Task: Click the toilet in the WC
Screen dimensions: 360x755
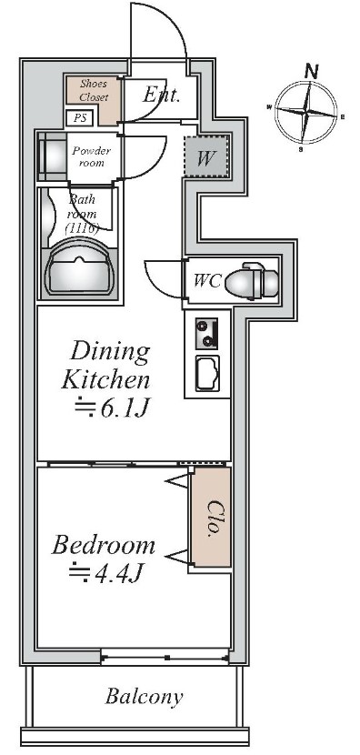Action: click(252, 280)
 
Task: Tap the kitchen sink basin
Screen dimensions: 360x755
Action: click(207, 373)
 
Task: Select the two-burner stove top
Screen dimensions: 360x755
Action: click(206, 333)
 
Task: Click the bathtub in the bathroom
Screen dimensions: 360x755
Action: click(79, 272)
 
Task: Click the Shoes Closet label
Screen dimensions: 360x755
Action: click(94, 90)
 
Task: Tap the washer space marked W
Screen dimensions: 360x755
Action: click(205, 157)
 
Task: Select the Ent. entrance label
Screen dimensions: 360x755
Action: click(161, 95)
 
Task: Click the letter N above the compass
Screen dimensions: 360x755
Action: click(312, 72)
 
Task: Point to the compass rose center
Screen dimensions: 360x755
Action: click(305, 113)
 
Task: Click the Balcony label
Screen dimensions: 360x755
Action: click(144, 696)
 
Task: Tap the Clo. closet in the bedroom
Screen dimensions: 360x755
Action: click(211, 517)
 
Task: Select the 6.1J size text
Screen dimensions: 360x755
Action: click(114, 408)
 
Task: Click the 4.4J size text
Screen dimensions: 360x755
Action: click(106, 573)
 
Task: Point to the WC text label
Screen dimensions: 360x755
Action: click(207, 280)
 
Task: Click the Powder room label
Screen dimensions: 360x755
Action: click(92, 156)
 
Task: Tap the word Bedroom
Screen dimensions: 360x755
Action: click(104, 545)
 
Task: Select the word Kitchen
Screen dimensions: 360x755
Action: click(105, 379)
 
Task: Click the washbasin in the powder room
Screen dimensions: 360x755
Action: click(53, 156)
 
